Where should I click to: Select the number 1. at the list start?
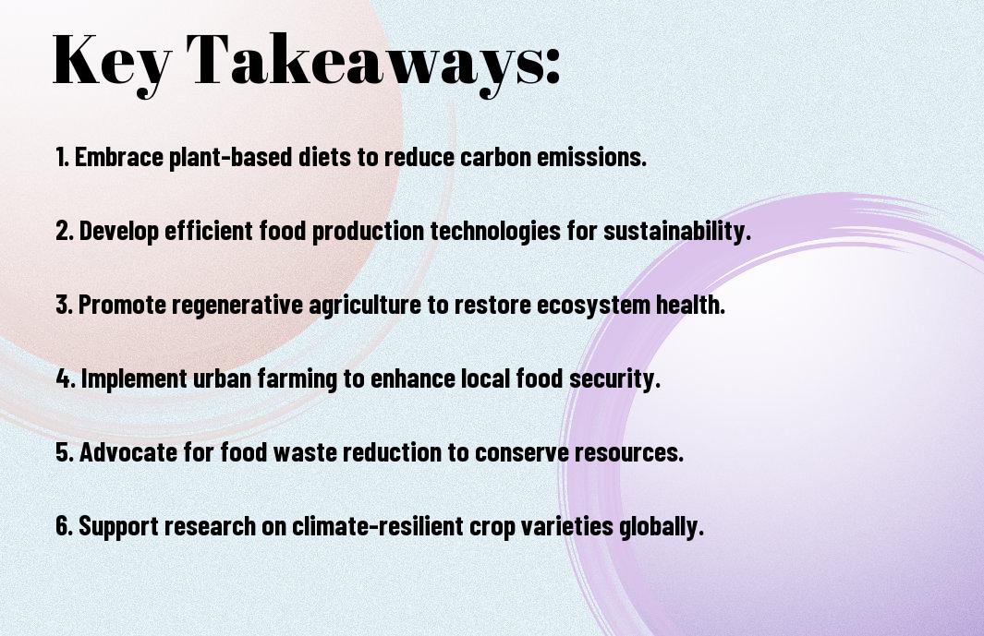coord(62,157)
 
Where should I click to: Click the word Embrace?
coord(119,157)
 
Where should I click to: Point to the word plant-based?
coord(231,158)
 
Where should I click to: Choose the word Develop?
coord(118,232)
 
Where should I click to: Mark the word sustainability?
coord(677,232)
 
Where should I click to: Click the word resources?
coord(629,453)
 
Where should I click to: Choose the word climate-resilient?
coord(378,525)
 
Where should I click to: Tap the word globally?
coord(662,527)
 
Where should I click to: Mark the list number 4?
coord(66,378)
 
